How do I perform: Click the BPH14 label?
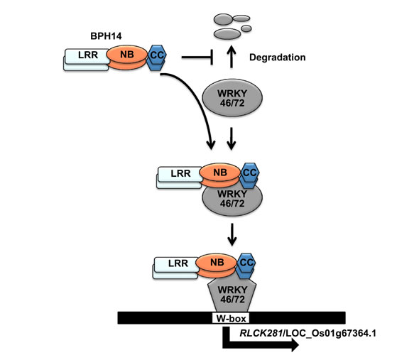coord(106,36)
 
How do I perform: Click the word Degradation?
coord(278,58)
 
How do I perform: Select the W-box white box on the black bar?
coord(231,318)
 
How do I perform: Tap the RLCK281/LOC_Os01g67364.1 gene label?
coord(308,333)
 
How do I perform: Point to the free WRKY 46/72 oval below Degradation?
coord(232,98)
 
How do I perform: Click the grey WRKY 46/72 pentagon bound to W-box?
coord(232,295)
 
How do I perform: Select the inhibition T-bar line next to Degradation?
coord(197,57)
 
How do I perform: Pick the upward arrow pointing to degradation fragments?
coord(232,57)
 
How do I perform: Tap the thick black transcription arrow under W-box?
coord(261,342)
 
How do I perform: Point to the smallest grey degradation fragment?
coord(246,28)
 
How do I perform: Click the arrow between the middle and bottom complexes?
coord(232,234)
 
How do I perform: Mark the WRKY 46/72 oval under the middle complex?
coord(232,198)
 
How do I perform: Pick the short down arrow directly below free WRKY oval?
coord(232,138)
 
